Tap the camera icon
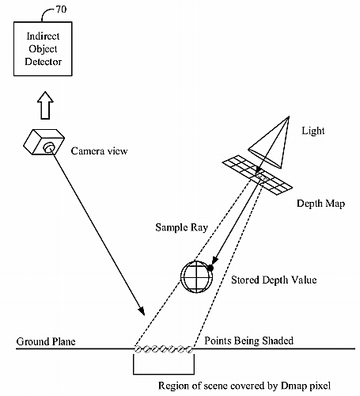pyautogui.click(x=44, y=142)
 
